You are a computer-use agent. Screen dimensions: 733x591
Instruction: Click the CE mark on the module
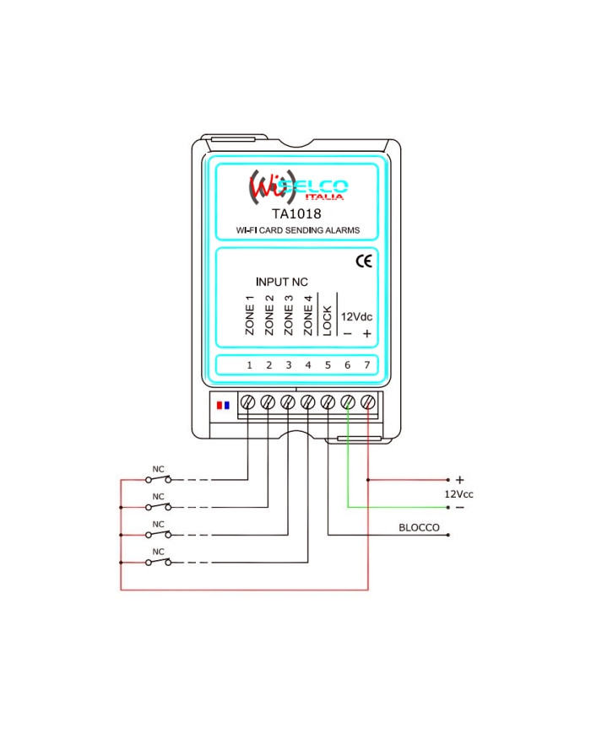tap(363, 261)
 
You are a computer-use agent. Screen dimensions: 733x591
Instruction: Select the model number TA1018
tap(296, 213)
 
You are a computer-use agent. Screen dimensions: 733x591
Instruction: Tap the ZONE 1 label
tap(250, 315)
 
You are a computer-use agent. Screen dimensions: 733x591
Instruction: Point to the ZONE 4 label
tap(308, 315)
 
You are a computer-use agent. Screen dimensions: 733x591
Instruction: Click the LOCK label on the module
tap(328, 320)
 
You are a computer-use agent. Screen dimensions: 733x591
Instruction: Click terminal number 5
tap(328, 365)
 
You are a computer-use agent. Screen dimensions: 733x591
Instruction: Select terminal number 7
tap(367, 365)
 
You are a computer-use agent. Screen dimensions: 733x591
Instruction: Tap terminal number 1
tap(249, 365)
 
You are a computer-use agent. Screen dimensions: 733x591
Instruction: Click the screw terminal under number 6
tap(348, 402)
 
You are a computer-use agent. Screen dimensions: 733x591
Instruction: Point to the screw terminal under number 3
tap(288, 402)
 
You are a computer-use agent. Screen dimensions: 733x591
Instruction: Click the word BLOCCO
tap(419, 528)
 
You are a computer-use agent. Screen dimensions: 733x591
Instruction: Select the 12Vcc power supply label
tap(459, 493)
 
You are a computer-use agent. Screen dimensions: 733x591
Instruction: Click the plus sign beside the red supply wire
tap(459, 480)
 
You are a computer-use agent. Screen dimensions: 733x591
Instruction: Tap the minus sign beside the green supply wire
tap(459, 508)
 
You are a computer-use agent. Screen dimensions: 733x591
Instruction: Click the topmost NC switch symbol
tap(158, 479)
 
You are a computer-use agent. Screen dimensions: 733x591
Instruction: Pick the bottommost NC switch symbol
tap(158, 561)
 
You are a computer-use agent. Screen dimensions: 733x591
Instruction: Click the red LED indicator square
tap(220, 405)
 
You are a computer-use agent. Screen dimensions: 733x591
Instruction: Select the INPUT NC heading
tap(282, 282)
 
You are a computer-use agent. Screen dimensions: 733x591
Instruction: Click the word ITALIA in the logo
tap(324, 197)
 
